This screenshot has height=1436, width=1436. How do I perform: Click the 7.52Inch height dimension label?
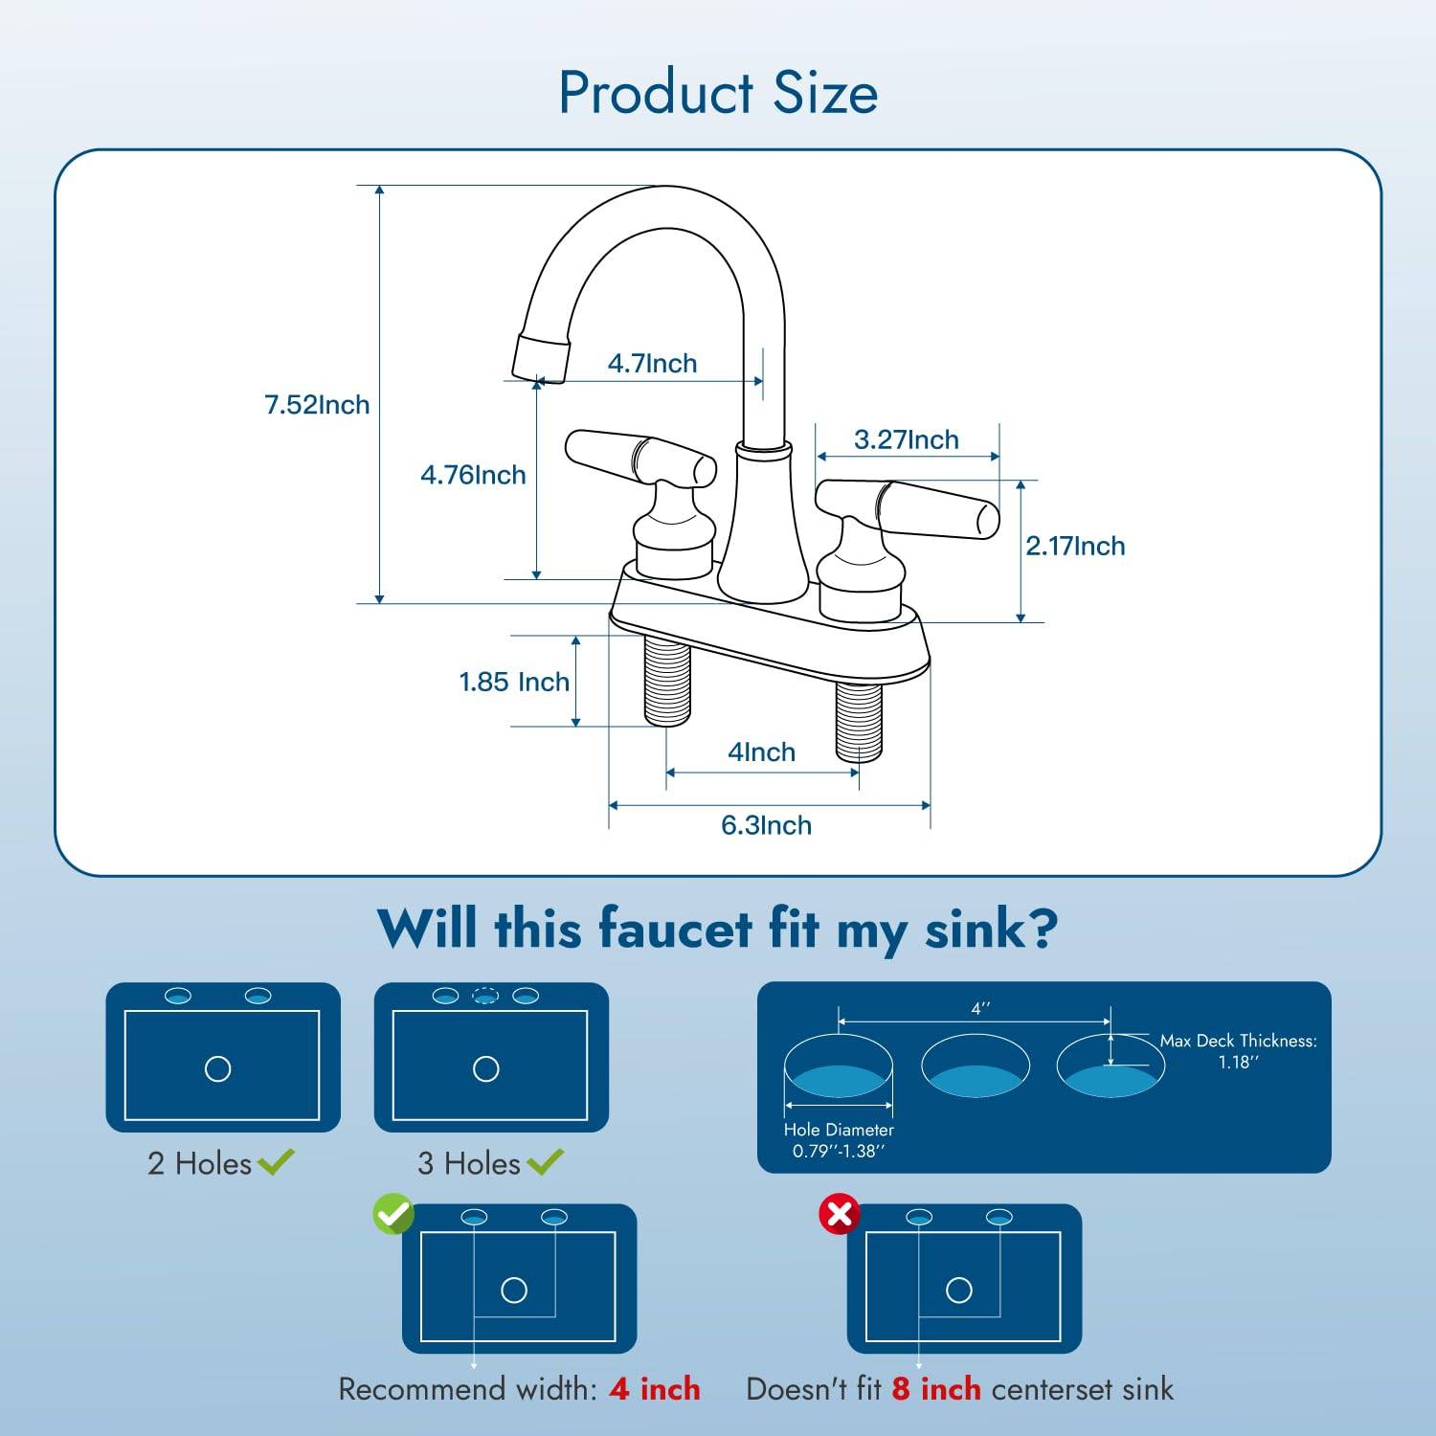317,405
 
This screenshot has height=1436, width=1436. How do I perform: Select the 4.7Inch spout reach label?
652,364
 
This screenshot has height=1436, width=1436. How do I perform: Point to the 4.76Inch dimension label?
473,475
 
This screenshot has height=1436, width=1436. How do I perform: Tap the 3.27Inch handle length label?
906,439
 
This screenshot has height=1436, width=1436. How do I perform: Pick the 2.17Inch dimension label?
1075,546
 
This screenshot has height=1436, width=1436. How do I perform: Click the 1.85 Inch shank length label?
514,682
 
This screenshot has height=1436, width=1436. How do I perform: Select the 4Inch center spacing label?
761,752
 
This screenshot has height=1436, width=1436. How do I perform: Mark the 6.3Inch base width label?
766,825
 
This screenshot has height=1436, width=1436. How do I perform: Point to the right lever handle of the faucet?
909,507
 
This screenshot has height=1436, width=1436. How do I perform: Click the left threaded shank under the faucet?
667,683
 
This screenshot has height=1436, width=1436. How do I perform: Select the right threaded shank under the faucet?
859,720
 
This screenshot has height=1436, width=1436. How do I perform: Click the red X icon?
840,1214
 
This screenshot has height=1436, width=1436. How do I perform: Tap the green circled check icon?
393,1214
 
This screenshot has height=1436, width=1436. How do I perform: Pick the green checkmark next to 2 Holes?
277,1162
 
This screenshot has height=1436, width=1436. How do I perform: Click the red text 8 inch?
936,1389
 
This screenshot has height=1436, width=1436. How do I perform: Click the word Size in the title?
825,93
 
